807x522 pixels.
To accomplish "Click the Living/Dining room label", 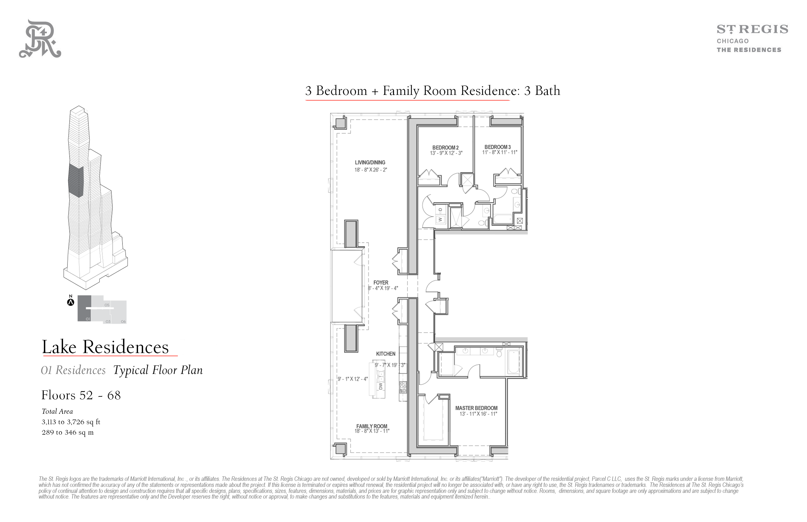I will [x=370, y=162].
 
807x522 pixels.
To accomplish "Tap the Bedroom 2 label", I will [x=445, y=147].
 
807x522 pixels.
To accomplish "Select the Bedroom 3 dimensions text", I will [x=499, y=152].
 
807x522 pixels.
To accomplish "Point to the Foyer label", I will [x=381, y=282].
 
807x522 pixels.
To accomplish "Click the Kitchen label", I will [x=385, y=354].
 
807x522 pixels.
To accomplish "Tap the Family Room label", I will [x=372, y=426].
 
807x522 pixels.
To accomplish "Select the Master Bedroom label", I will [x=476, y=408].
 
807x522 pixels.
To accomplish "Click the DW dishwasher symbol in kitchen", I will [x=380, y=386].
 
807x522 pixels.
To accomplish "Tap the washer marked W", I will [x=441, y=220].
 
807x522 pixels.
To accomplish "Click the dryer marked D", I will [x=441, y=210].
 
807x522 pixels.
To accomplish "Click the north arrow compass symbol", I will [x=71, y=301].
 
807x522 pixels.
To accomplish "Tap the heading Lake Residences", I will [x=105, y=347].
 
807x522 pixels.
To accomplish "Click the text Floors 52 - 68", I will [x=81, y=395].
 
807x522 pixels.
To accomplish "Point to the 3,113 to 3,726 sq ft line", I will [x=71, y=422].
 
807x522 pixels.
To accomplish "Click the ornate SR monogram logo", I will [x=40, y=39].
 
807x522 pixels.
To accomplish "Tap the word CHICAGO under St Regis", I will [x=732, y=41].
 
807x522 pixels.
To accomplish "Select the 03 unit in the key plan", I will [x=108, y=321].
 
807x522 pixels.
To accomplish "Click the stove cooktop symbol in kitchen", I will [x=403, y=387].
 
